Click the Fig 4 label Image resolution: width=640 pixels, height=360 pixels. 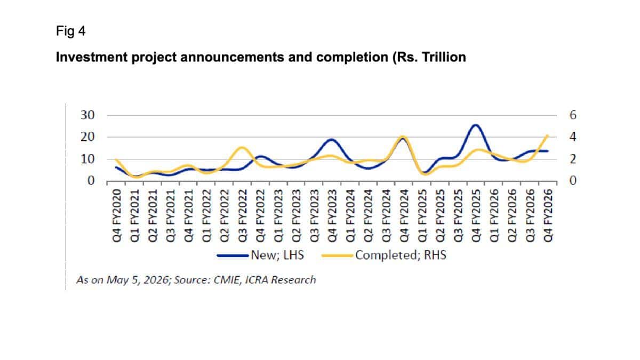[x=70, y=31]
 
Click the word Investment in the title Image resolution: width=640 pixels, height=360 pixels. [x=92, y=57]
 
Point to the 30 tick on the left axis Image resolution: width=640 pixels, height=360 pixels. [x=87, y=115]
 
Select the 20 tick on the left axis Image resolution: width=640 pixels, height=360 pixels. [x=87, y=137]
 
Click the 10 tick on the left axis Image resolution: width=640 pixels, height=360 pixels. [x=87, y=159]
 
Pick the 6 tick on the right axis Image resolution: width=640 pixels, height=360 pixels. [x=573, y=115]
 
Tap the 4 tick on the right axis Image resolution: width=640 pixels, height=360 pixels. [x=573, y=137]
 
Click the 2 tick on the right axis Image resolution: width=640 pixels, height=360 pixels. [x=573, y=159]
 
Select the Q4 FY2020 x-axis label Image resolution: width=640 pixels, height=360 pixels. [x=117, y=215]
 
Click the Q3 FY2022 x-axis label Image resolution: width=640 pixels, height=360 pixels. [x=243, y=215]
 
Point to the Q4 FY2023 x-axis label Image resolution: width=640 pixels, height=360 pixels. [x=332, y=215]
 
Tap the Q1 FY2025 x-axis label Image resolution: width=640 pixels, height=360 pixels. [x=422, y=215]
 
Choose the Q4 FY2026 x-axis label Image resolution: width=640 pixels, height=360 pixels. [x=548, y=215]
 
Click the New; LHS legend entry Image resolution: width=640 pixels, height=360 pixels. [x=260, y=255]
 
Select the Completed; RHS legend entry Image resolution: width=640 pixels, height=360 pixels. [x=383, y=255]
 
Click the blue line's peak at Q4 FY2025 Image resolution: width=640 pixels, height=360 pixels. [x=475, y=125]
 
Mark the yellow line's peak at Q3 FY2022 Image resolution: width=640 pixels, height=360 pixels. [x=242, y=148]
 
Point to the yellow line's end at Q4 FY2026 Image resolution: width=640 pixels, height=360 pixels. [x=547, y=135]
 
